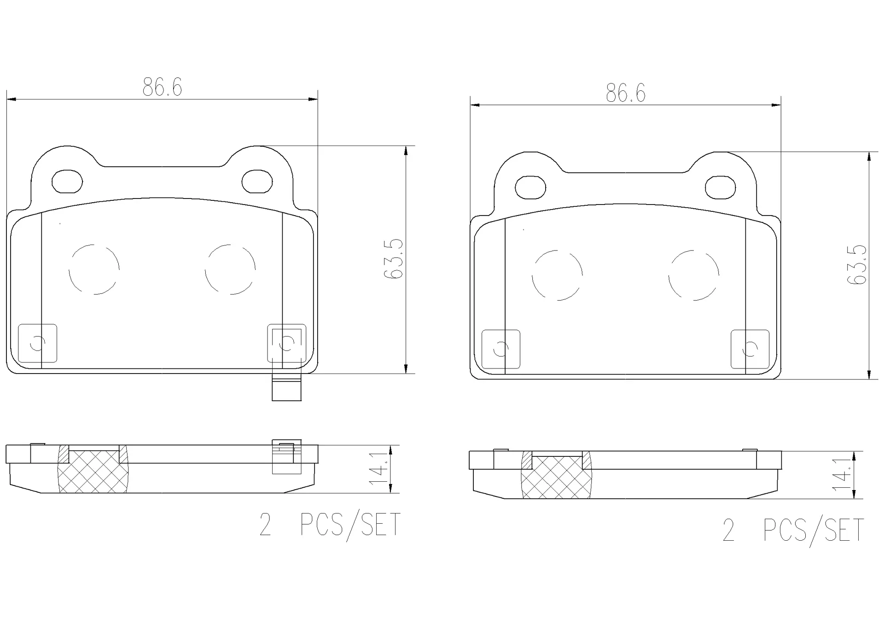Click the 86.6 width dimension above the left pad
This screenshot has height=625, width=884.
coord(162,87)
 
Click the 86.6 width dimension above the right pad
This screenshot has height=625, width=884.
coord(626,93)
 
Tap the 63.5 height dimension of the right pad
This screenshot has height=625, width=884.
coord(857,265)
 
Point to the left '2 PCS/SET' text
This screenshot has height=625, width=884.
coord(330,525)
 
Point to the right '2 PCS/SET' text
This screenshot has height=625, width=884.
coord(793,531)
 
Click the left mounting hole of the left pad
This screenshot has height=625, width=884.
coord(67,181)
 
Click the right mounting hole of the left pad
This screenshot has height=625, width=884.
coord(257,181)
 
